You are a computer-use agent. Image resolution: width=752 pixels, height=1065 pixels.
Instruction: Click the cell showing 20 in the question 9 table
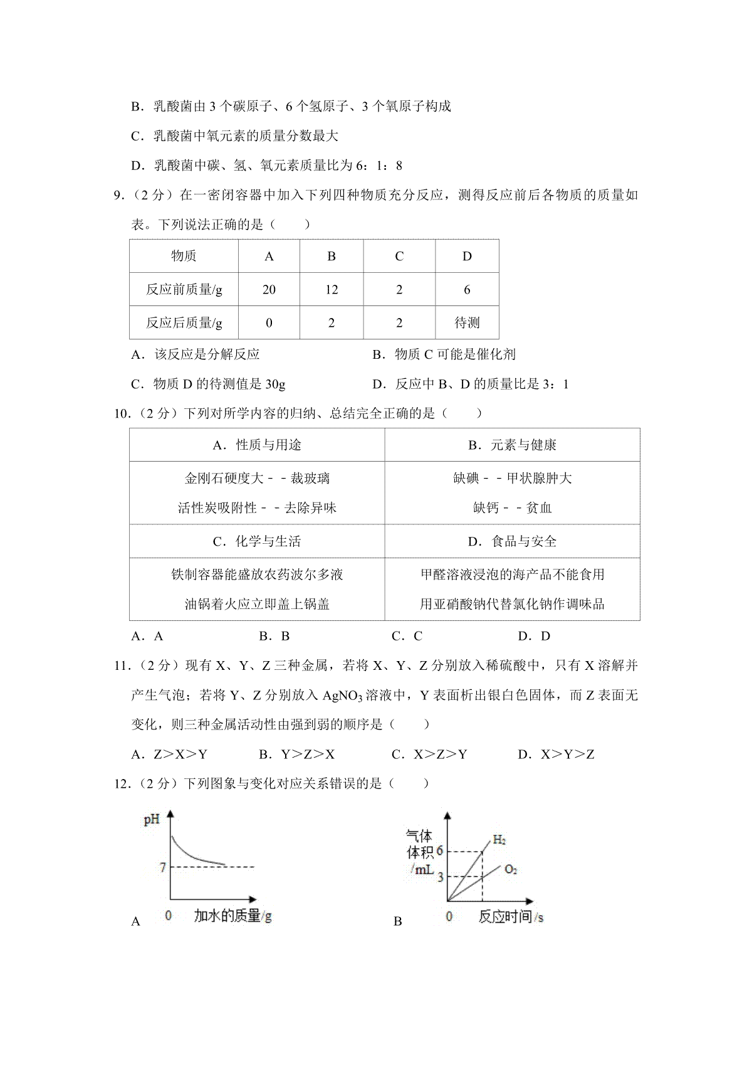pos(269,289)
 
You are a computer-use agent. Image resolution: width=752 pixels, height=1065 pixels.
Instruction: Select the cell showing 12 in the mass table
pos(332,289)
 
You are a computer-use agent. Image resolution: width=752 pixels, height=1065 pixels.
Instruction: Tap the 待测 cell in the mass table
pos(467,323)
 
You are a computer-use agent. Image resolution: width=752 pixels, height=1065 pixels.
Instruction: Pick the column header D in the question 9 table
pos(467,256)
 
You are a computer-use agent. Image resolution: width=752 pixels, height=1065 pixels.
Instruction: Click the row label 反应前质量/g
pos(184,289)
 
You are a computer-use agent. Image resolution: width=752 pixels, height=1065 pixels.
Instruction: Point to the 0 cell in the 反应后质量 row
pos(269,323)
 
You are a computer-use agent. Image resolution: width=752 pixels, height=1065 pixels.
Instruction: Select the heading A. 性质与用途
pos(257,445)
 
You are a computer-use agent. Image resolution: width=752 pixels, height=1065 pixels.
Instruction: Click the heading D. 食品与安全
pos(512,541)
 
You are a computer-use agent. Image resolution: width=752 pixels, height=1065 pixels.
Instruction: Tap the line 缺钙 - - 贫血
pos(512,508)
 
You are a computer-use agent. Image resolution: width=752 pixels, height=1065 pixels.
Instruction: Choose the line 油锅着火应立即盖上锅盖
pos(257,604)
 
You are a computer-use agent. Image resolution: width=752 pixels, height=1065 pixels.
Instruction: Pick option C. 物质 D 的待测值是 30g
pos(208,384)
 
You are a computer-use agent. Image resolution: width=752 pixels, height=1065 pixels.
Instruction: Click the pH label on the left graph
pos(152,820)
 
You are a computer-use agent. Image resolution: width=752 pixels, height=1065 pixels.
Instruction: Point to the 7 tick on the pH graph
pos(163,867)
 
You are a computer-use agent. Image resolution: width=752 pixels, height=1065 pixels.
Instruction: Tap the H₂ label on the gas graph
pos(499,840)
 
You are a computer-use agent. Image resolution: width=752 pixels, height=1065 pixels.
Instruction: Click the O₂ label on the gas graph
pos(511,869)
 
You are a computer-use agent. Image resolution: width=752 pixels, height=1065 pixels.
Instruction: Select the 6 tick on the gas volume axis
pos(439,851)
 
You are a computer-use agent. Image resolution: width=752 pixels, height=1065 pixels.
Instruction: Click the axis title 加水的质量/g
pos(232,916)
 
